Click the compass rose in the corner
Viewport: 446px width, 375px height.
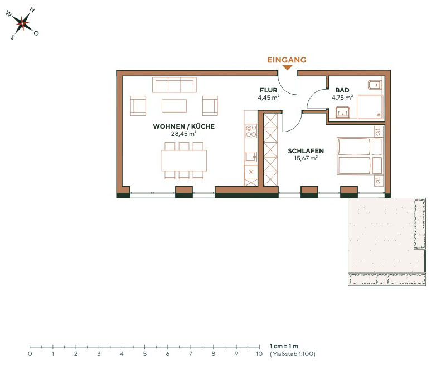pos(22,23)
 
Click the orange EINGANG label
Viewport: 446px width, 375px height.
pos(287,59)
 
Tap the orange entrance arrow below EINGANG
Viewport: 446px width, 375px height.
pos(287,68)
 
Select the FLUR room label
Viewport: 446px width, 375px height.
pos(268,90)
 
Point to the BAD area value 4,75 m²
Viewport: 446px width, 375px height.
pos(342,97)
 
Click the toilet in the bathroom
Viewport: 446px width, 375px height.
pos(374,86)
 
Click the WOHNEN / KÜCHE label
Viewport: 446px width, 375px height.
pos(183,126)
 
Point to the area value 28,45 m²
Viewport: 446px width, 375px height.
pos(183,134)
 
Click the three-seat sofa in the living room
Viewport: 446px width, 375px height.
pos(174,85)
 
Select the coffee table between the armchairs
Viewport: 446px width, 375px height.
pos(174,105)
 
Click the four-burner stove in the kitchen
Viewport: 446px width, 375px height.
pos(251,130)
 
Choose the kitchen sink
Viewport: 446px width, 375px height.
pos(250,157)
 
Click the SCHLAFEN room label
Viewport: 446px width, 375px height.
pos(306,150)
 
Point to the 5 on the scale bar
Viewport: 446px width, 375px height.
pos(144,353)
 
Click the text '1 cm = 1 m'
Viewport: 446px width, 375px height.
pos(284,346)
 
